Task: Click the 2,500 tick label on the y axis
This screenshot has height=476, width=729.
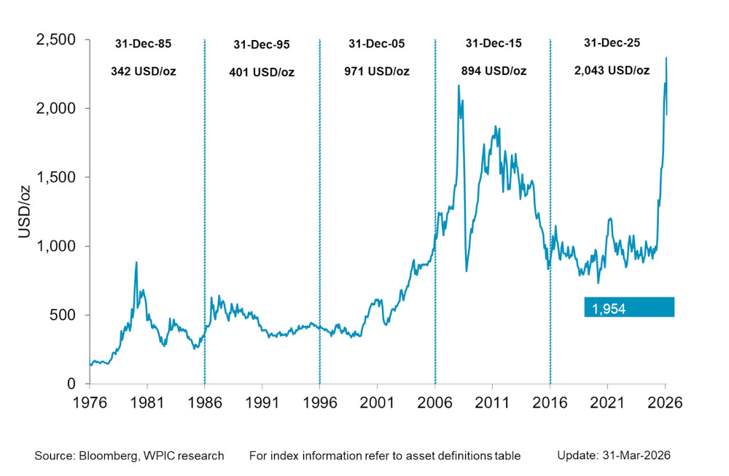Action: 57,39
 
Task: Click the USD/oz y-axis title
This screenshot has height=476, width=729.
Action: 23,211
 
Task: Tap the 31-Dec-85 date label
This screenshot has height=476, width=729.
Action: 143,44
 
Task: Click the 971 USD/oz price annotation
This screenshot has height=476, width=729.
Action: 377,71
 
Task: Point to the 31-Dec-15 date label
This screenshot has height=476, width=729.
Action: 494,44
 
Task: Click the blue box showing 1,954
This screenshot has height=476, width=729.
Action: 629,308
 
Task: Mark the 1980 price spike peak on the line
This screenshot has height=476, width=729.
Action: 136,262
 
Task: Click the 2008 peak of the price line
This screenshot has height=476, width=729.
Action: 459,86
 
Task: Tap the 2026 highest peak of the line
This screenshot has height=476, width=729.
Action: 666,58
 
